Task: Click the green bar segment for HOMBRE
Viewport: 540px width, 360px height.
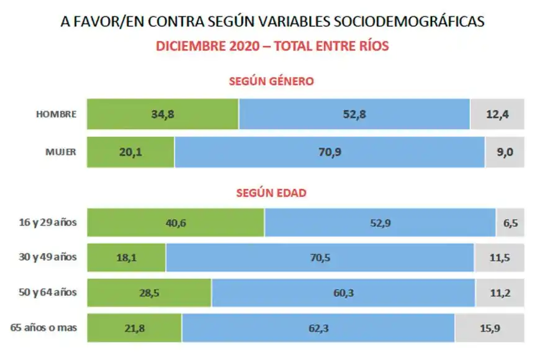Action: coord(163,114)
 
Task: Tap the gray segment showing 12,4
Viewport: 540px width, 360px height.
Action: coord(497,114)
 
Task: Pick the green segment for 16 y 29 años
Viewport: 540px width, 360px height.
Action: coord(176,223)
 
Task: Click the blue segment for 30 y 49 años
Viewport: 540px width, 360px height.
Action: coord(320,258)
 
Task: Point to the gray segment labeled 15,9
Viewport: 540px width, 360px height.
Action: coord(490,327)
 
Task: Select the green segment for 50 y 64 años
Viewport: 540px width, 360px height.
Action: coord(149,292)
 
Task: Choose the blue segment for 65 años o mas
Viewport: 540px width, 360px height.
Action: coord(318,327)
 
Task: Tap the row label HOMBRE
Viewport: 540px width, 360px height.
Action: coord(56,114)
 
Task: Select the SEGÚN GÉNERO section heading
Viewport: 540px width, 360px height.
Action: coord(271,81)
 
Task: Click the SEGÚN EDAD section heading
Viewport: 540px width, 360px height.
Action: coord(271,193)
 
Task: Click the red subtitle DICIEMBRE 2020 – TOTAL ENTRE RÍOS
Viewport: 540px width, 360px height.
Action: coord(272,47)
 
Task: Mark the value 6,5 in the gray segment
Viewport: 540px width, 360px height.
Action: coord(510,223)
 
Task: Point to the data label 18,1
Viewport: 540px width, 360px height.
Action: coord(127,258)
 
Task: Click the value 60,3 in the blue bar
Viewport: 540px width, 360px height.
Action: coord(343,292)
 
